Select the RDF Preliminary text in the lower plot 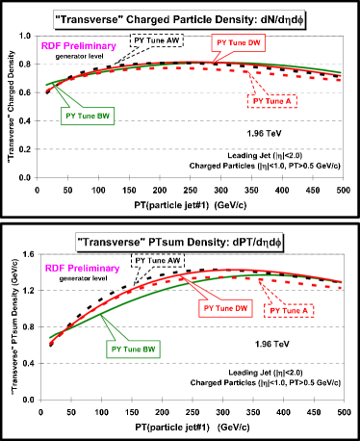click(x=81, y=268)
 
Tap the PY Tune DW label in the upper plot click(x=239, y=42)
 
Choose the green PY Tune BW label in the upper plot click(x=88, y=115)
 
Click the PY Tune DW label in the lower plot click(x=225, y=308)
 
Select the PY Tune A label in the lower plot click(x=290, y=310)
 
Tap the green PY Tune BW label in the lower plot click(x=134, y=349)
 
